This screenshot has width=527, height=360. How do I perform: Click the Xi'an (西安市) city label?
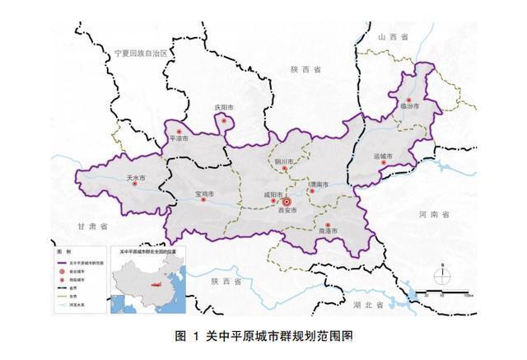tap(287, 210)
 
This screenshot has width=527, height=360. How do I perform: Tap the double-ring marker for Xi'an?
tap(287, 200)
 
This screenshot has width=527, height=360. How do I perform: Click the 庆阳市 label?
tap(225, 107)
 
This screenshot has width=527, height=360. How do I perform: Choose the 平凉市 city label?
tap(179, 139)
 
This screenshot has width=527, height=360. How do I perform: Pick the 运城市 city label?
tap(384, 157)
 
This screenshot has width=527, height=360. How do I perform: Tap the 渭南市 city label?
tap(319, 185)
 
